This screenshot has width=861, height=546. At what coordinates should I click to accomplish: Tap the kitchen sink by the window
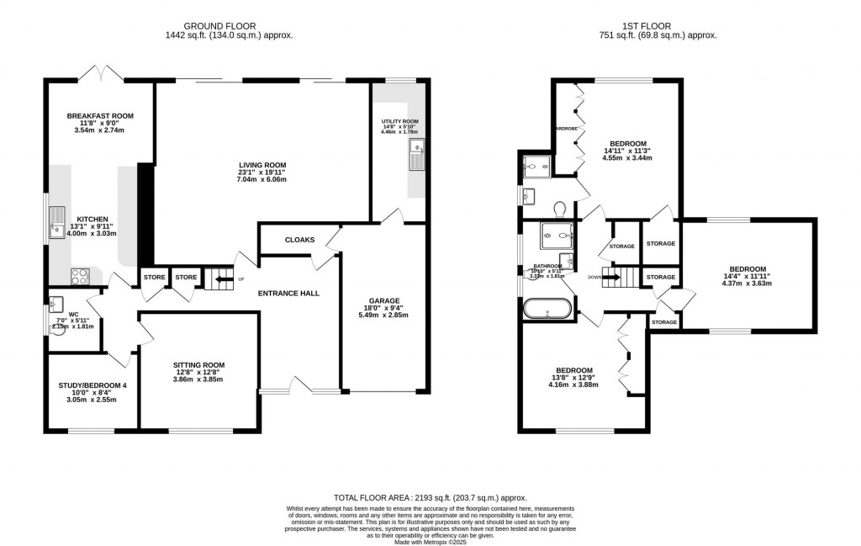57,222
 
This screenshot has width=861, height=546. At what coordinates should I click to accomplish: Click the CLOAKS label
299,240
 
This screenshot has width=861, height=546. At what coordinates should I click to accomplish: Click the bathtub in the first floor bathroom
547,310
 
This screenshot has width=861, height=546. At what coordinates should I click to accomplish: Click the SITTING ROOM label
199,365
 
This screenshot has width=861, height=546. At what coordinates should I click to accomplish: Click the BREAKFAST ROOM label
100,116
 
